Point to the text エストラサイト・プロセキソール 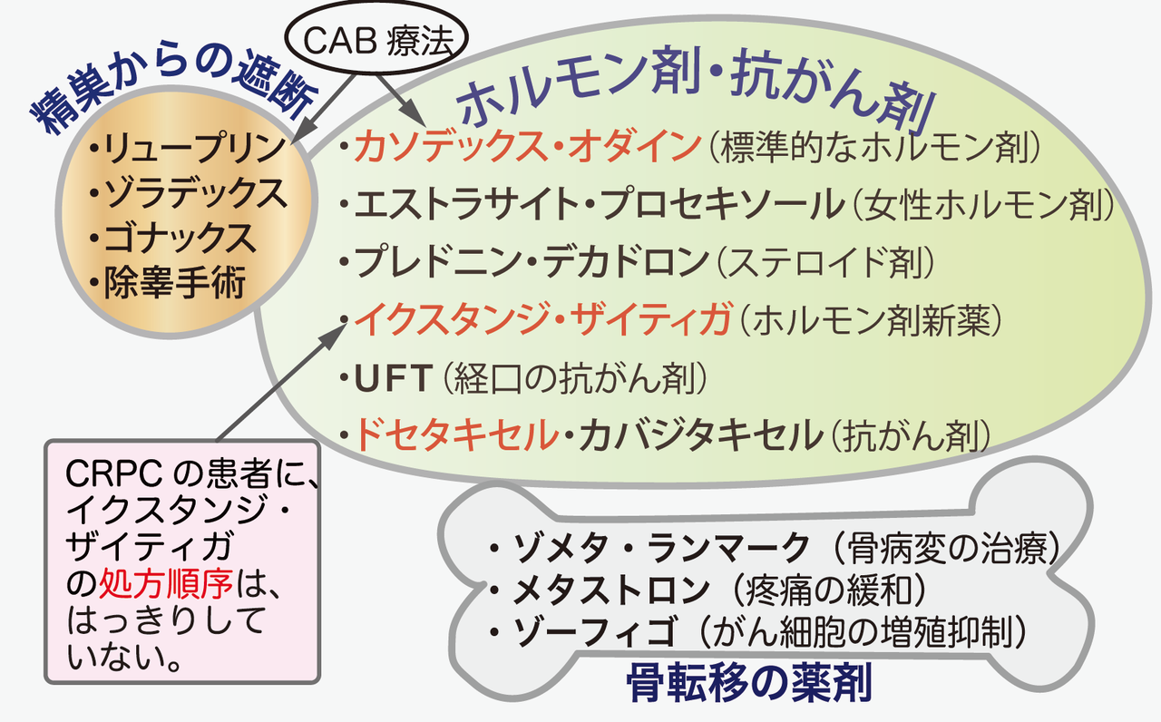coord(598,205)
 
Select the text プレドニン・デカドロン coord(530,262)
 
